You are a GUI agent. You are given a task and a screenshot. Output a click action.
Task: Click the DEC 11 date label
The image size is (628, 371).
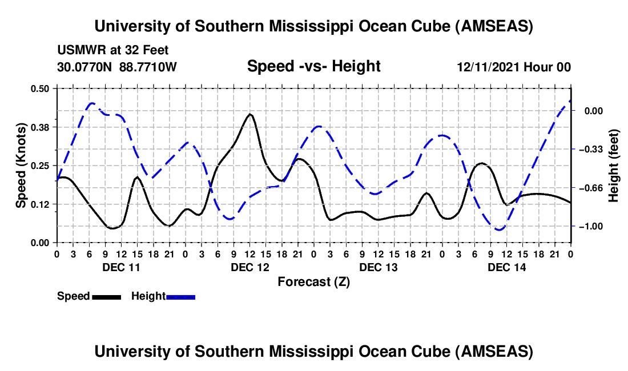coord(120,267)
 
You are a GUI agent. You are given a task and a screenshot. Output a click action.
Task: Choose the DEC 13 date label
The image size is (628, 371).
coord(378,267)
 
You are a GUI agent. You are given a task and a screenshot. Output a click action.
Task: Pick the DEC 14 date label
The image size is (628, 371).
coord(506,267)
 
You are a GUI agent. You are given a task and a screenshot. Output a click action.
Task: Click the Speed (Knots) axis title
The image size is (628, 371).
coord(21,165)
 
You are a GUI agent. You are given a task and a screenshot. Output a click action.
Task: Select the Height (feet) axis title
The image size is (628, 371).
coord(614,166)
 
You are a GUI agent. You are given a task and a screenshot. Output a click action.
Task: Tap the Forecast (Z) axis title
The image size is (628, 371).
coord(313,281)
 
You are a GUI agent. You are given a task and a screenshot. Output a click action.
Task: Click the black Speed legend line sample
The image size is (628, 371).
coord(106,297)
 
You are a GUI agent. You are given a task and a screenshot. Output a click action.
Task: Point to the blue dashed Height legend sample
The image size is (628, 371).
coord(180,297)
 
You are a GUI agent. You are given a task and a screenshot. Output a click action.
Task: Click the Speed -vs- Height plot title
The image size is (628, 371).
coord(313,66)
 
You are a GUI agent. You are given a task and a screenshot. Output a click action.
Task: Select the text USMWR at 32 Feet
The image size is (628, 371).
coord(112,50)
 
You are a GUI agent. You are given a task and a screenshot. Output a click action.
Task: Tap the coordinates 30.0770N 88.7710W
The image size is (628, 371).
coord(117,67)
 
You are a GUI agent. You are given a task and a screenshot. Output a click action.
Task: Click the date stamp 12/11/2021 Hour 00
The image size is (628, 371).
coord(514,67)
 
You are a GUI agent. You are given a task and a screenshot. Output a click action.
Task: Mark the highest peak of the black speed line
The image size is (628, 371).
coord(249,114)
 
